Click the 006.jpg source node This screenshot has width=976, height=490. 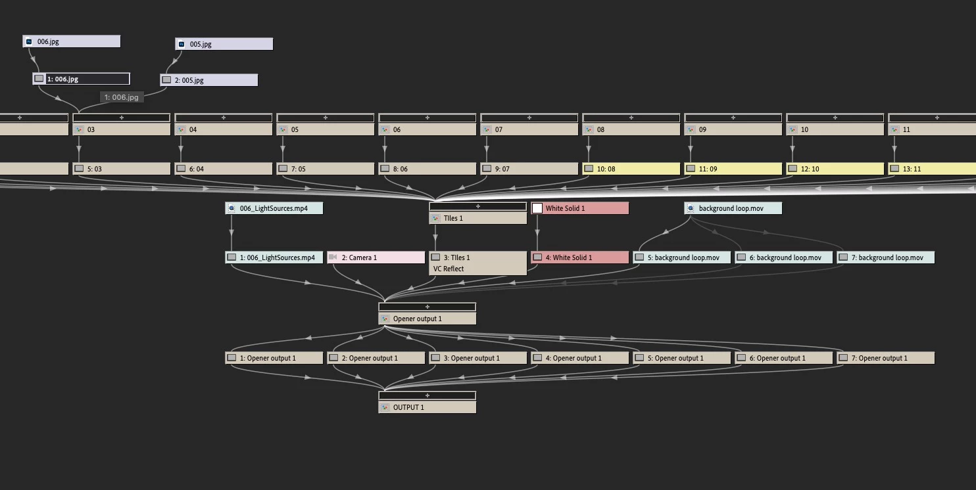[x=72, y=41]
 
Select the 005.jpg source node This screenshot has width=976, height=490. [x=224, y=44]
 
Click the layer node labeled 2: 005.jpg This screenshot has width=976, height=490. [x=209, y=80]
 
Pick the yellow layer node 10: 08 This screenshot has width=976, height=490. [x=631, y=169]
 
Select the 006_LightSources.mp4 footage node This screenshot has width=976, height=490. [x=274, y=208]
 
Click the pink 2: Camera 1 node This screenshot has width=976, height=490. [x=376, y=257]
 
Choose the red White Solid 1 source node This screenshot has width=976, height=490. [x=580, y=208]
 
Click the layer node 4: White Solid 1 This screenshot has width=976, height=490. [x=580, y=257]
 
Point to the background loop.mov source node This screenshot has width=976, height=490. [x=733, y=208]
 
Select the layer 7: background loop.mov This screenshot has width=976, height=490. [x=886, y=257]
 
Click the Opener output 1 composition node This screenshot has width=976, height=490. [x=427, y=319]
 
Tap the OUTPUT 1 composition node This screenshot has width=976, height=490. [x=427, y=407]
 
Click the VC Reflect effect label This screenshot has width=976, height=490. [x=449, y=269]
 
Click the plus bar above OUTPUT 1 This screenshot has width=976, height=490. [x=427, y=395]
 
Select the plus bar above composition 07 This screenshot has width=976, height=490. [x=529, y=118]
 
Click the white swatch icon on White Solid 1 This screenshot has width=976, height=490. [x=537, y=208]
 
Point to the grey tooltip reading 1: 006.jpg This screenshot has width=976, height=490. [x=122, y=97]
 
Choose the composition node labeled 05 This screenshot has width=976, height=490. [x=326, y=129]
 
